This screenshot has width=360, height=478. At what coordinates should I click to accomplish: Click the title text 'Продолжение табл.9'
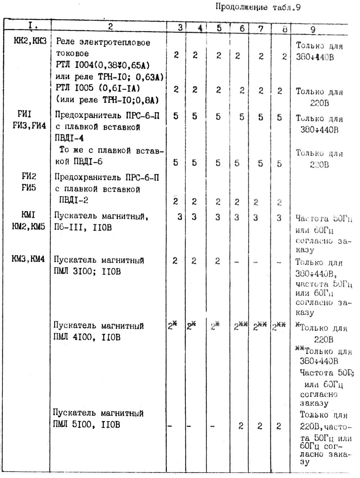click(x=258, y=7)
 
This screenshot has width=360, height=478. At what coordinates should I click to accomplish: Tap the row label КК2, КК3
click(x=30, y=41)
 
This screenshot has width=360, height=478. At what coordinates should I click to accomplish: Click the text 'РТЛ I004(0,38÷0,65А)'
click(x=102, y=65)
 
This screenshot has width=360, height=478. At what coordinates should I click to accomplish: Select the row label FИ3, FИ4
click(x=29, y=126)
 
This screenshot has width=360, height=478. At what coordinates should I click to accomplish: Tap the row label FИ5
click(x=29, y=188)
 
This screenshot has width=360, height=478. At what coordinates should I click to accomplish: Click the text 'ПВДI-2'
click(x=73, y=200)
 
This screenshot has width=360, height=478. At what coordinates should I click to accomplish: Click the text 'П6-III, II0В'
click(x=83, y=227)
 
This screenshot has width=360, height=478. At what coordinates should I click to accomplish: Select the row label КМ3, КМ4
click(x=28, y=259)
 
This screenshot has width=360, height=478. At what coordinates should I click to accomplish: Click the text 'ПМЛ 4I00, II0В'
click(x=87, y=337)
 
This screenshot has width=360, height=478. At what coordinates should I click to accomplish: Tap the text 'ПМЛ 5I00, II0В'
click(x=86, y=425)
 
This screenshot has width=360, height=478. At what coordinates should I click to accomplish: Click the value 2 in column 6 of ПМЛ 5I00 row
click(x=241, y=426)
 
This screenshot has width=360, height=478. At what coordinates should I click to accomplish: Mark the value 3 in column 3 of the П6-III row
click(x=180, y=217)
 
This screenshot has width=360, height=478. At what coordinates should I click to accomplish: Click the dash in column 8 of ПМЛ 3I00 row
click(x=279, y=262)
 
